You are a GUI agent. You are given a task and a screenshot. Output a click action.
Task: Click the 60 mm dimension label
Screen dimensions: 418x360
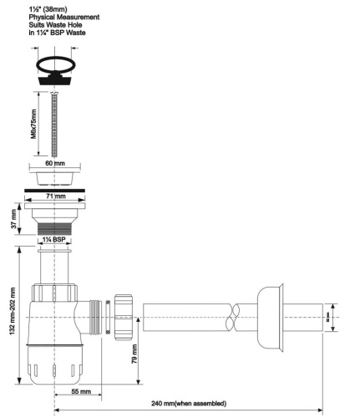[54, 164]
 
